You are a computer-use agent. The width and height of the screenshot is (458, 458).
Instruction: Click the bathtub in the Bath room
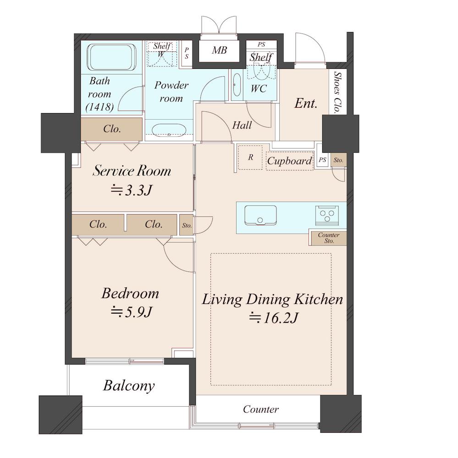coord(111,57)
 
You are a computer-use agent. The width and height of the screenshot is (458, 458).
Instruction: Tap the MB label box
coord(219,50)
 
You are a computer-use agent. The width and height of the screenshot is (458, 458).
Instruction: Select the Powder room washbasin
coord(169,130)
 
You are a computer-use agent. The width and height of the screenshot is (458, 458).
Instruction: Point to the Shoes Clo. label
coord(338,92)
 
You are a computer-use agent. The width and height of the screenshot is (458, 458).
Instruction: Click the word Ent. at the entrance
coord(306,103)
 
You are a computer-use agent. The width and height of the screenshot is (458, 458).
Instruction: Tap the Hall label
coord(242,125)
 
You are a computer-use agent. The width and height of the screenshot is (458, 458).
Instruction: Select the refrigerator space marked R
coord(250,157)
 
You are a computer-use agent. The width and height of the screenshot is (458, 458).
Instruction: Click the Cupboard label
coord(289,160)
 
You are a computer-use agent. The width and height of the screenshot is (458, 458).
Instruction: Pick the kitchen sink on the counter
coord(260,215)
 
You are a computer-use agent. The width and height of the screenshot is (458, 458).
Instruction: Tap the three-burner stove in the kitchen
coord(327,215)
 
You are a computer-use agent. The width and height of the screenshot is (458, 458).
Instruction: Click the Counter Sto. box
coord(328,238)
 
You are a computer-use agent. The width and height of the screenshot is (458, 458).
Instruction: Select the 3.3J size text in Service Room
coord(132,190)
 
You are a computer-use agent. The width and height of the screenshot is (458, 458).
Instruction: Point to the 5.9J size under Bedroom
coord(132,312)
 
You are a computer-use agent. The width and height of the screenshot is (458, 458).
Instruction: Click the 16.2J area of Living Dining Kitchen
coord(273,318)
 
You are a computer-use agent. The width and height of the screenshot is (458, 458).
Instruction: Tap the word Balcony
coord(129,386)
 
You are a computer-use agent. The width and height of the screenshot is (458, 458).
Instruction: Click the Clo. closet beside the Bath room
coord(111,129)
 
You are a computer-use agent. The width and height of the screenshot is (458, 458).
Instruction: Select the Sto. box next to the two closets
coord(186,225)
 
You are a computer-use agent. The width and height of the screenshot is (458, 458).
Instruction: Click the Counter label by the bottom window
coord(260,409)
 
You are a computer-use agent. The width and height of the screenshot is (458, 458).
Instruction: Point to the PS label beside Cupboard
coord(322,160)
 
